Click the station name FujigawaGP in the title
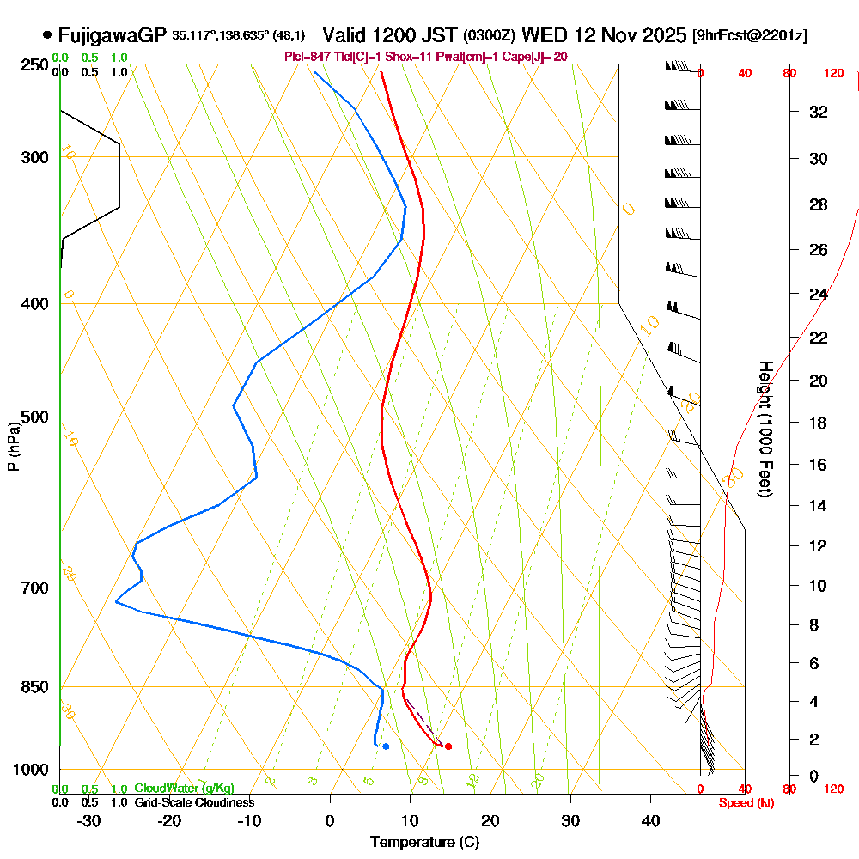coord(112,35)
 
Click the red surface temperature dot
coord(448,746)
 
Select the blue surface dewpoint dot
coord(386,746)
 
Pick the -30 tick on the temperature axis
coord(89,820)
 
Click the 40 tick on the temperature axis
coord(651,820)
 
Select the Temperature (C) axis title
coord(424,842)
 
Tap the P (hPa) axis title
coord(13,447)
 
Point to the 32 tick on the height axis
coord(819,111)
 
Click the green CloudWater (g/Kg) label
coord(184,789)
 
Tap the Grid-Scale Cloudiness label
coord(194,802)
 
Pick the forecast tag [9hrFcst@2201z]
coord(748,36)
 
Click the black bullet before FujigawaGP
coord(46,36)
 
